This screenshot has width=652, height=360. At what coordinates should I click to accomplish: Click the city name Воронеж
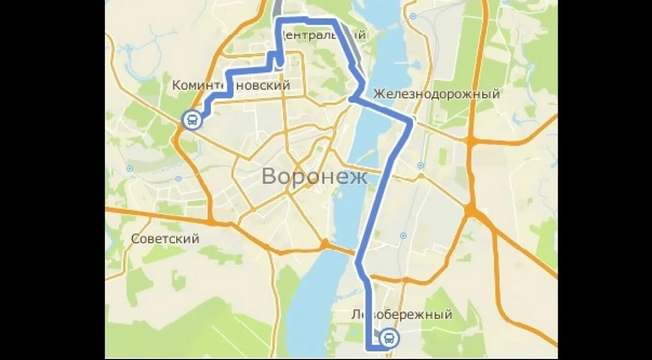point(314,177)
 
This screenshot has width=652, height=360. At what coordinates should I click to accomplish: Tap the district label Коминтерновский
point(231,85)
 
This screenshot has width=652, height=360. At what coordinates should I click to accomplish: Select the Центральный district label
point(323,35)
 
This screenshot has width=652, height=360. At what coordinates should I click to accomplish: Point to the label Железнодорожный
point(436,94)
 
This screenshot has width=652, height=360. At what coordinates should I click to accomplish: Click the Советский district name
point(165,238)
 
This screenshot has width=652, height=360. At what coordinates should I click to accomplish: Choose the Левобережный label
point(401,314)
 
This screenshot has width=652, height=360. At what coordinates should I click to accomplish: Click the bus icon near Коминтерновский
point(192,121)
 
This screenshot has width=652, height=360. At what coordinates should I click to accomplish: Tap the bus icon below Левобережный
point(389,338)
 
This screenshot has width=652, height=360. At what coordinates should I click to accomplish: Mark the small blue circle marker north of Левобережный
point(403,236)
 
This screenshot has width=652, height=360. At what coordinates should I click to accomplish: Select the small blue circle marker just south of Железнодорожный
point(420,165)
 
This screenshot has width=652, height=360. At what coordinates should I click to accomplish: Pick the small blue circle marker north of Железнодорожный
point(413,16)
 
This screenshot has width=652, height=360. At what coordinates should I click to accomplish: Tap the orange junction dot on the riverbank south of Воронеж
point(324,243)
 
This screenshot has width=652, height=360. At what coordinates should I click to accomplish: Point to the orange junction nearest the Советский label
point(210,221)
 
